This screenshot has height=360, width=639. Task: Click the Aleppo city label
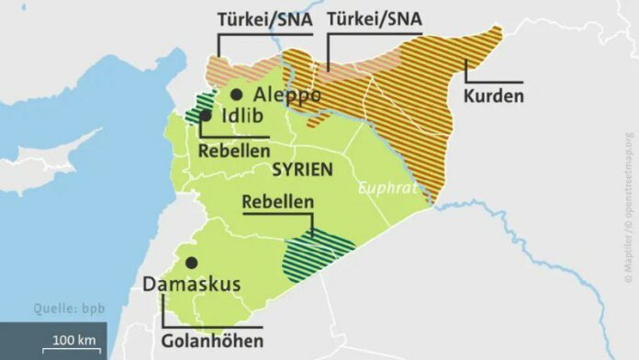click(x=287, y=95)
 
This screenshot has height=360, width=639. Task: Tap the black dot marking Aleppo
click(x=237, y=94)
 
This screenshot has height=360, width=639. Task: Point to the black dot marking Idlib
click(x=206, y=117)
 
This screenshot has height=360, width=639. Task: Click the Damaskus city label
click(x=191, y=284)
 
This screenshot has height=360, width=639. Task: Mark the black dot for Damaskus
click(x=191, y=263)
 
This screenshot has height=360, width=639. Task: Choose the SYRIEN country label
click(x=302, y=171)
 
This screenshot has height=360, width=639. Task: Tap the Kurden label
click(x=493, y=95)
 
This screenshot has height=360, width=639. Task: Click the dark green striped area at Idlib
click(x=197, y=109)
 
